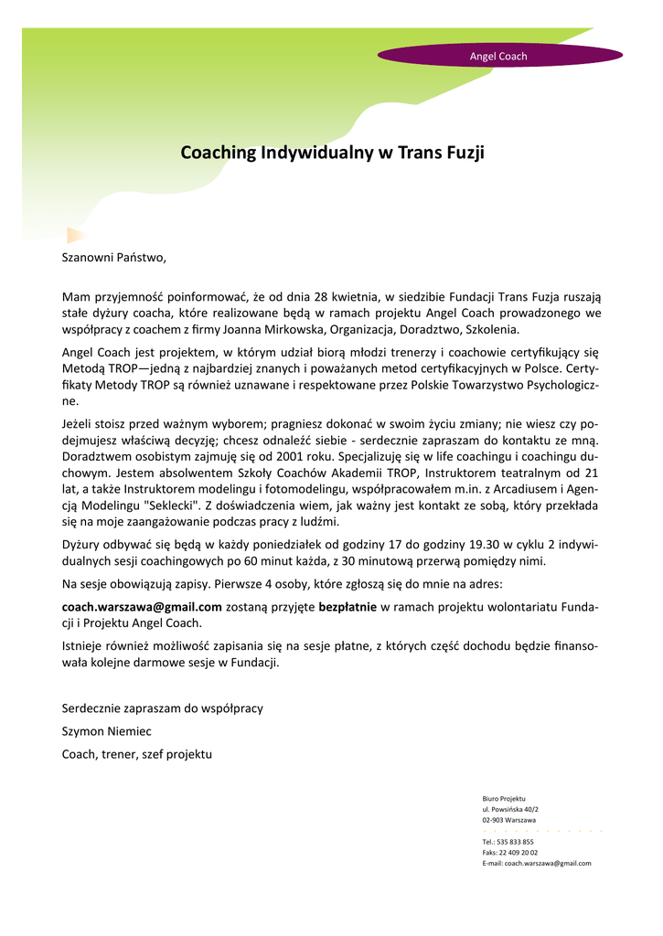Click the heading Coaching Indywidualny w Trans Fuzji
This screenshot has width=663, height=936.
coord(332,152)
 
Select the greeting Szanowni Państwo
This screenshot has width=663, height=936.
coord(114,258)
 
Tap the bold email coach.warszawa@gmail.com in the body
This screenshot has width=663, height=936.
coord(142,606)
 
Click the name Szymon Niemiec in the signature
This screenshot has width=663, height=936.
coord(106,731)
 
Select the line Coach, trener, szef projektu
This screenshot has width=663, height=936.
coord(136,754)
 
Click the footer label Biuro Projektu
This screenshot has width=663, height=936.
coord(504,799)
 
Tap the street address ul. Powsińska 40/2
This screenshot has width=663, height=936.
coord(510,810)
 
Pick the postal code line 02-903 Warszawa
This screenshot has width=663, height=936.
coord(508,821)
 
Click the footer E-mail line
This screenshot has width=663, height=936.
coord(536,863)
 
